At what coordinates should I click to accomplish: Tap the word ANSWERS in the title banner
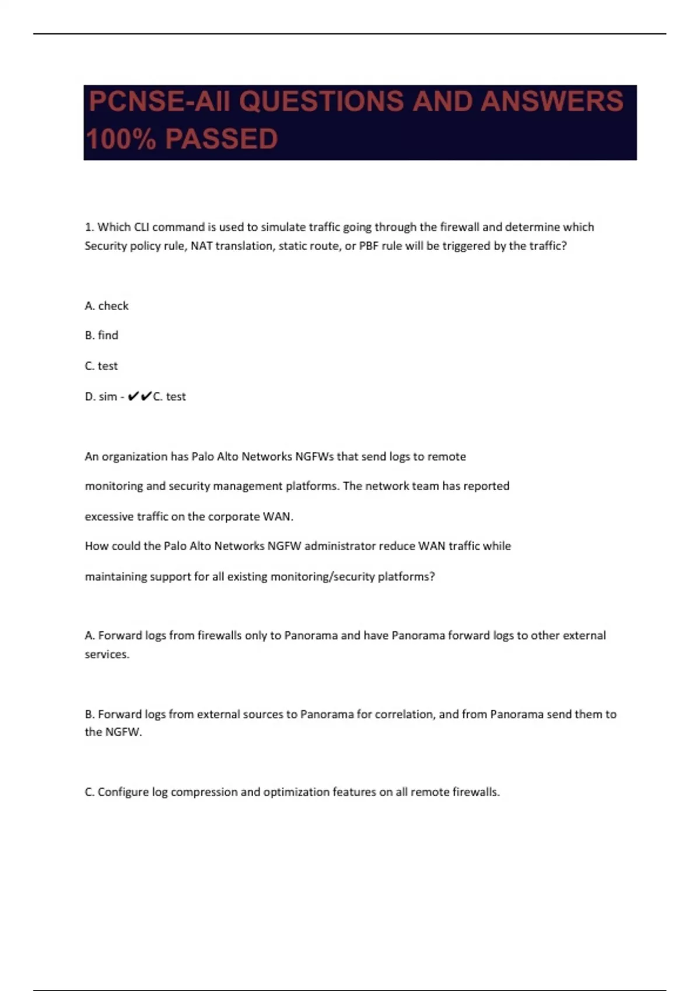[x=551, y=101]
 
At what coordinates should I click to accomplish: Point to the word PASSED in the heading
[x=221, y=139]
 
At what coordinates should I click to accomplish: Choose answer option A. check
[x=107, y=306]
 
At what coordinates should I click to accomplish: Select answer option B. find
[x=101, y=335]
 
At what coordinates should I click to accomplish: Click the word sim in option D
[x=108, y=396]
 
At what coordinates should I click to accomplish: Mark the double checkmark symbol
[x=139, y=396]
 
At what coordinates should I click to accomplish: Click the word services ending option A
[x=107, y=654]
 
